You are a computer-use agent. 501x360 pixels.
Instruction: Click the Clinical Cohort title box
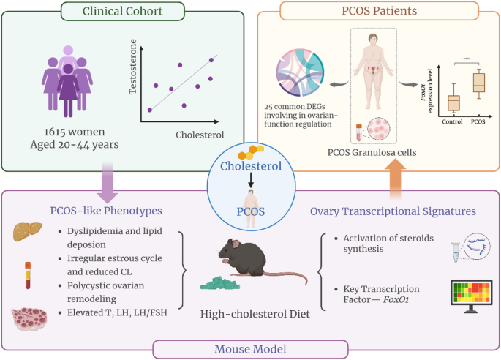click(x=123, y=11)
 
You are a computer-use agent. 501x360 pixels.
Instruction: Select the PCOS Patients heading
click(x=380, y=10)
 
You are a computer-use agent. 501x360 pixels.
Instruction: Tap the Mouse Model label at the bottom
click(x=250, y=349)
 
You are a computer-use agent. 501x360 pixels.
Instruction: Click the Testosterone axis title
click(x=133, y=67)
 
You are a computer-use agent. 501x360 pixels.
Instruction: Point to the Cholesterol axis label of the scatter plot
click(x=200, y=135)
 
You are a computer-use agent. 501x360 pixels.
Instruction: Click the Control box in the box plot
click(x=453, y=103)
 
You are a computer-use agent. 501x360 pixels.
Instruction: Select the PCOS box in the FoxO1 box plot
click(x=479, y=83)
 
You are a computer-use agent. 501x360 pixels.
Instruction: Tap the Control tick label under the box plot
click(x=452, y=121)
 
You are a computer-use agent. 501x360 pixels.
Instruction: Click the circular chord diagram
click(x=300, y=72)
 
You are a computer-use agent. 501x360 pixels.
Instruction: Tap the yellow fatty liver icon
click(x=28, y=231)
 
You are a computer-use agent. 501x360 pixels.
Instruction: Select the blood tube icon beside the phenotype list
click(x=28, y=275)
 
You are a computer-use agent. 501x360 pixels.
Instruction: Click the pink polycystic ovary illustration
click(x=29, y=319)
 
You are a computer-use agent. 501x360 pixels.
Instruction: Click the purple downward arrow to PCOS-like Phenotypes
click(x=108, y=182)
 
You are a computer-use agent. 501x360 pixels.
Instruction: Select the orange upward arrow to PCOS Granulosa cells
click(x=395, y=179)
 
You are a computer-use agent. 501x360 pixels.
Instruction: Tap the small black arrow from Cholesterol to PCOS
click(x=251, y=180)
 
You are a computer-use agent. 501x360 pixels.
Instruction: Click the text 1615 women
click(x=75, y=132)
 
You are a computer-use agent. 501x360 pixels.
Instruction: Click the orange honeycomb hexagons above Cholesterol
click(x=251, y=152)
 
